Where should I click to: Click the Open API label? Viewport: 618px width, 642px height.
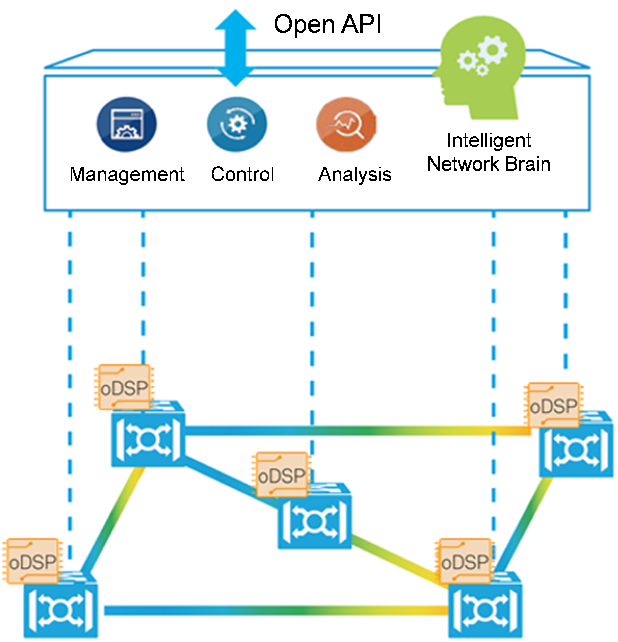pyautogui.click(x=327, y=24)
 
